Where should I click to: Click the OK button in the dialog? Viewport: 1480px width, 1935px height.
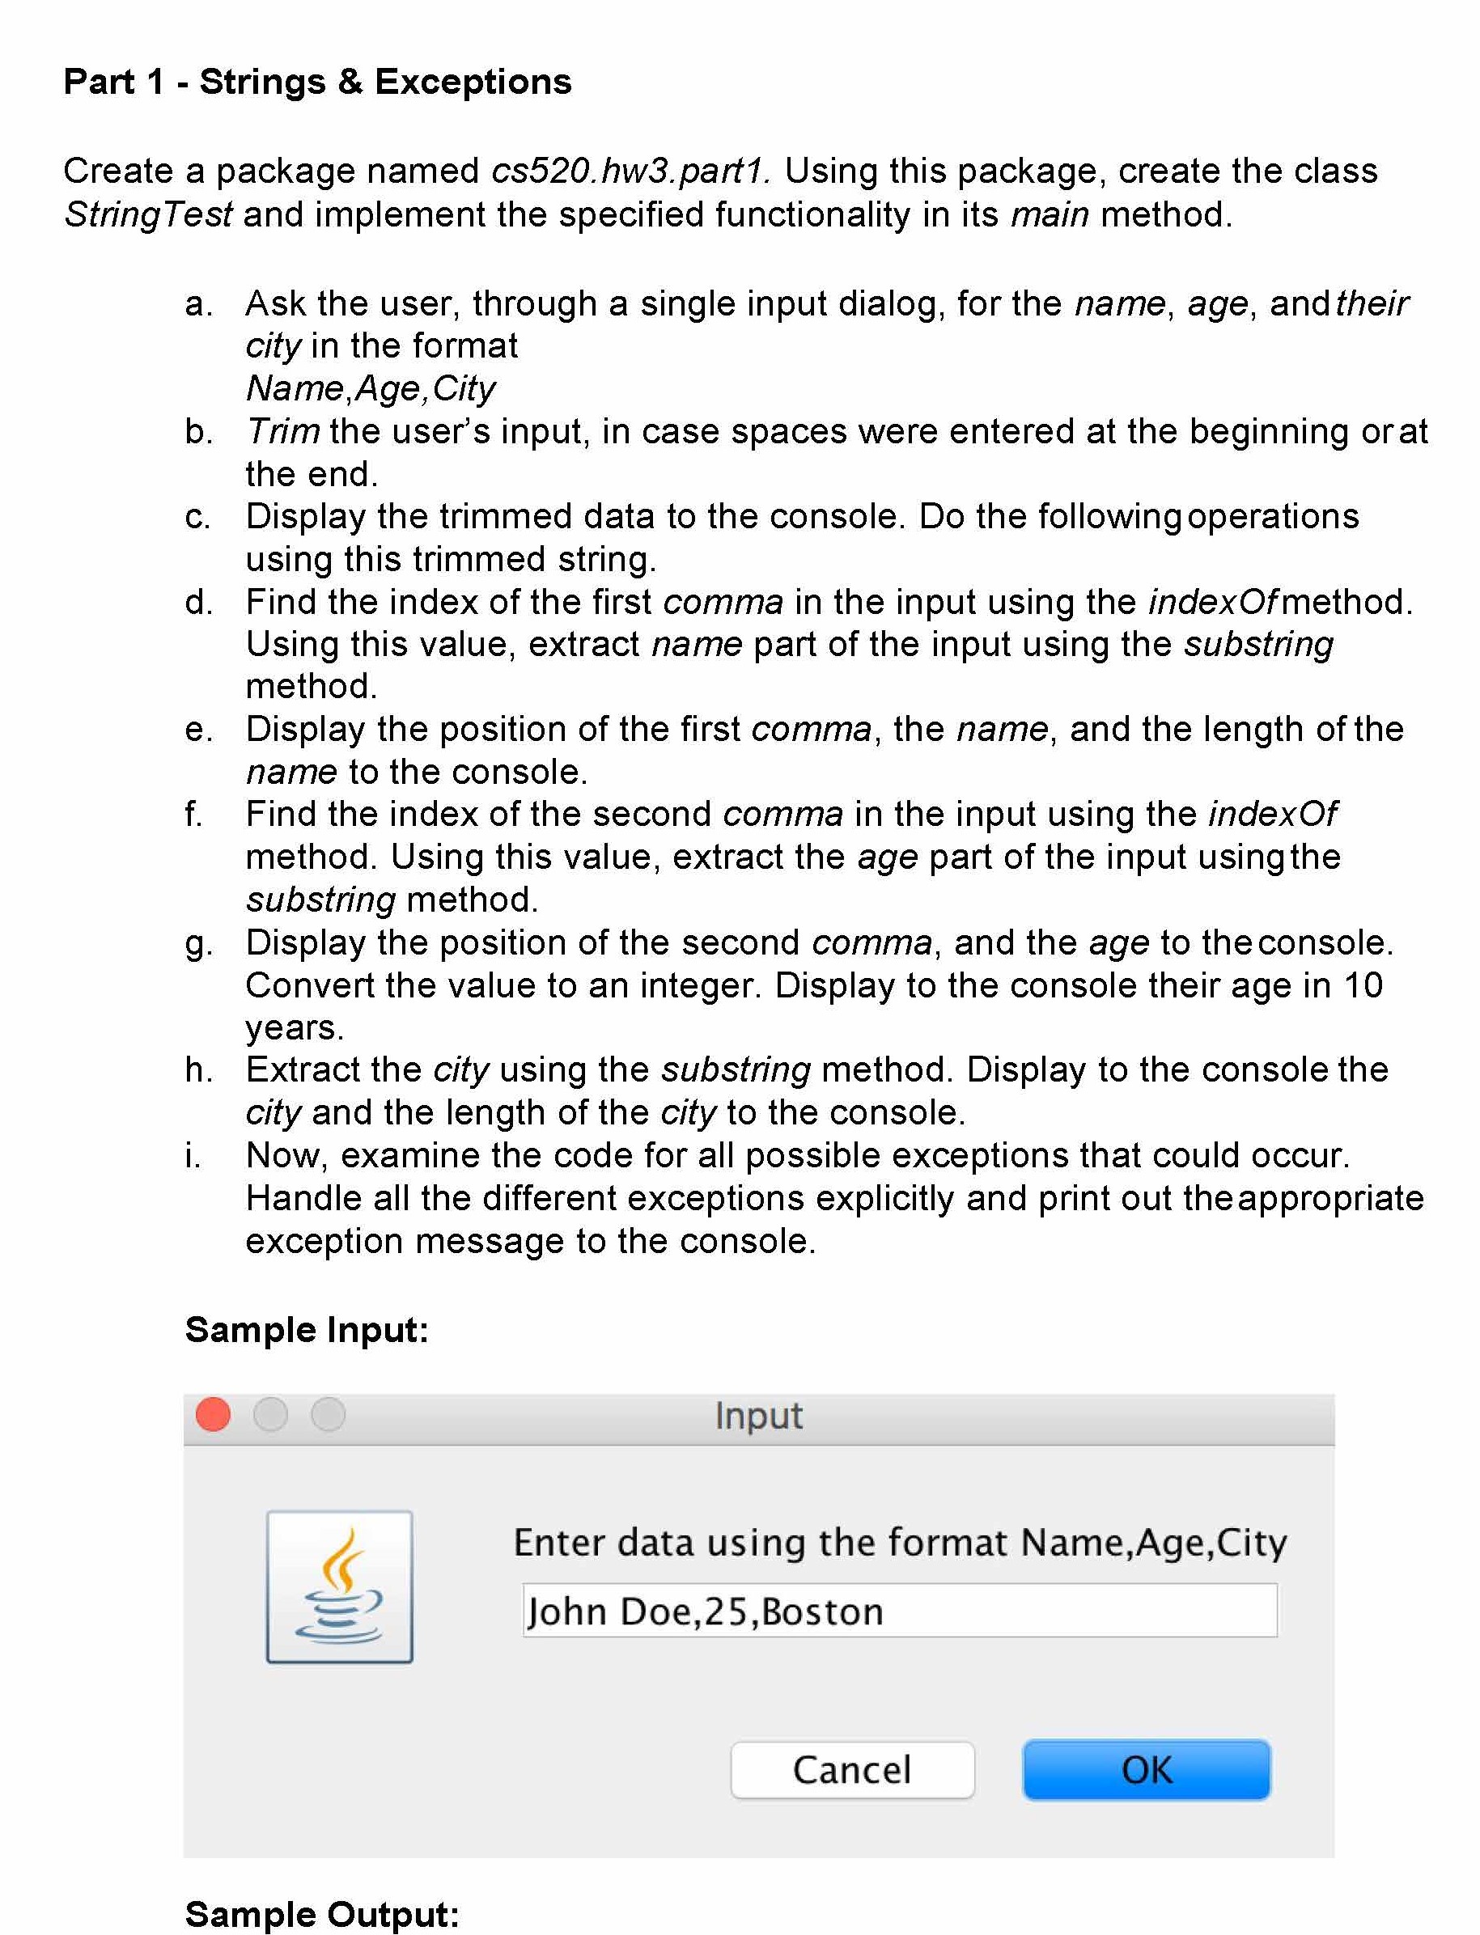point(1145,1769)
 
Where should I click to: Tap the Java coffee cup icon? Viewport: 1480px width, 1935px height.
point(339,1586)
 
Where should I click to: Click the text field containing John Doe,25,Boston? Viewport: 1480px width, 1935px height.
point(898,1611)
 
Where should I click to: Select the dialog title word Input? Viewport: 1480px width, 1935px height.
point(758,1416)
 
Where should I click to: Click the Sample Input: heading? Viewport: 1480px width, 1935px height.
point(307,1329)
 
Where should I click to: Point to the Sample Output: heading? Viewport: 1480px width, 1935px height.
point(321,1914)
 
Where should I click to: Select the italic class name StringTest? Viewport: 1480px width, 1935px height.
point(148,215)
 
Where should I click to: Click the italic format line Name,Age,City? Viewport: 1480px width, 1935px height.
point(370,388)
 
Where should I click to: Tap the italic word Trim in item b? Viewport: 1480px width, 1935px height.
point(282,431)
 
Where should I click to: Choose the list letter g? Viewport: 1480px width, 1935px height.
point(197,943)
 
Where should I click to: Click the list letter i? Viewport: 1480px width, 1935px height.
point(192,1154)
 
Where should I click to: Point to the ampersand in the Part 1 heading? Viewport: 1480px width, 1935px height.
point(350,82)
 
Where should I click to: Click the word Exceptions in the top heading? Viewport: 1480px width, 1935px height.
point(473,82)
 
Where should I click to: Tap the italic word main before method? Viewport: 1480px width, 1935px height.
point(1050,215)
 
